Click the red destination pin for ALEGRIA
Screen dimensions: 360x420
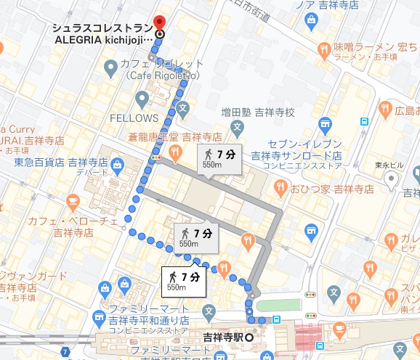point(160,22)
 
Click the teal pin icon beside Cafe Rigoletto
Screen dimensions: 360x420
point(110,69)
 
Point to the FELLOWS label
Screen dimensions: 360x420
point(134,118)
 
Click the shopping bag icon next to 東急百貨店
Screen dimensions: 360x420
point(117,167)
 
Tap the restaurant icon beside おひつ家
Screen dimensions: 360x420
point(280,189)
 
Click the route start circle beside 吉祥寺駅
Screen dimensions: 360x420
point(249,337)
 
